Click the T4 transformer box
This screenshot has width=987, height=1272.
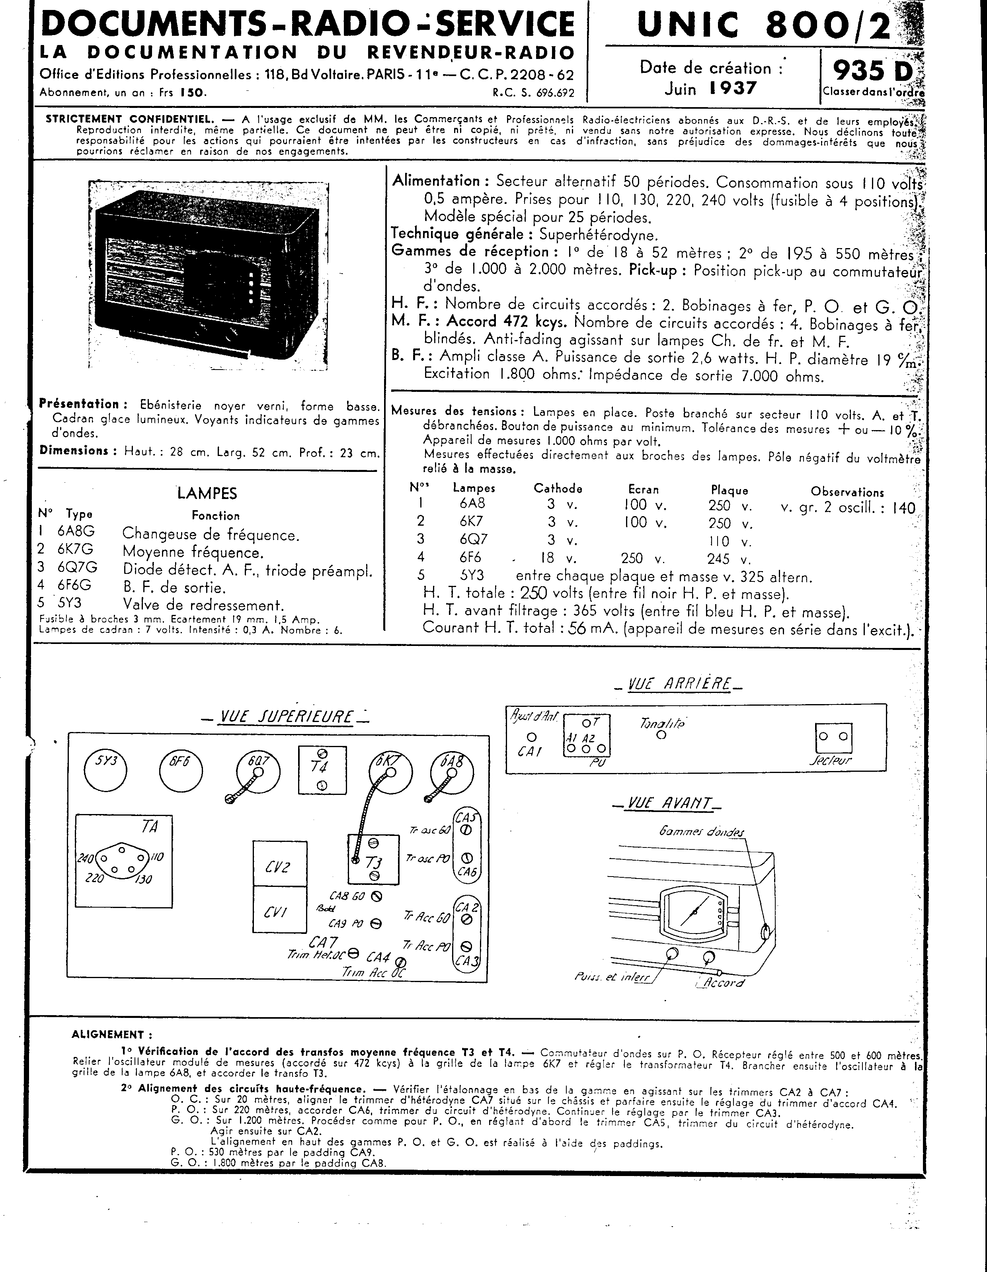322,770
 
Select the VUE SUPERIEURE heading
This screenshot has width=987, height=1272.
285,716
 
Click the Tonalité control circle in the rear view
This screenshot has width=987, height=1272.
661,735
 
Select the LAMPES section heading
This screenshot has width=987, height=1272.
207,493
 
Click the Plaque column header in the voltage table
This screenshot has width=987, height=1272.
729,490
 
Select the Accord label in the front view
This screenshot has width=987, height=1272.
724,982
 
